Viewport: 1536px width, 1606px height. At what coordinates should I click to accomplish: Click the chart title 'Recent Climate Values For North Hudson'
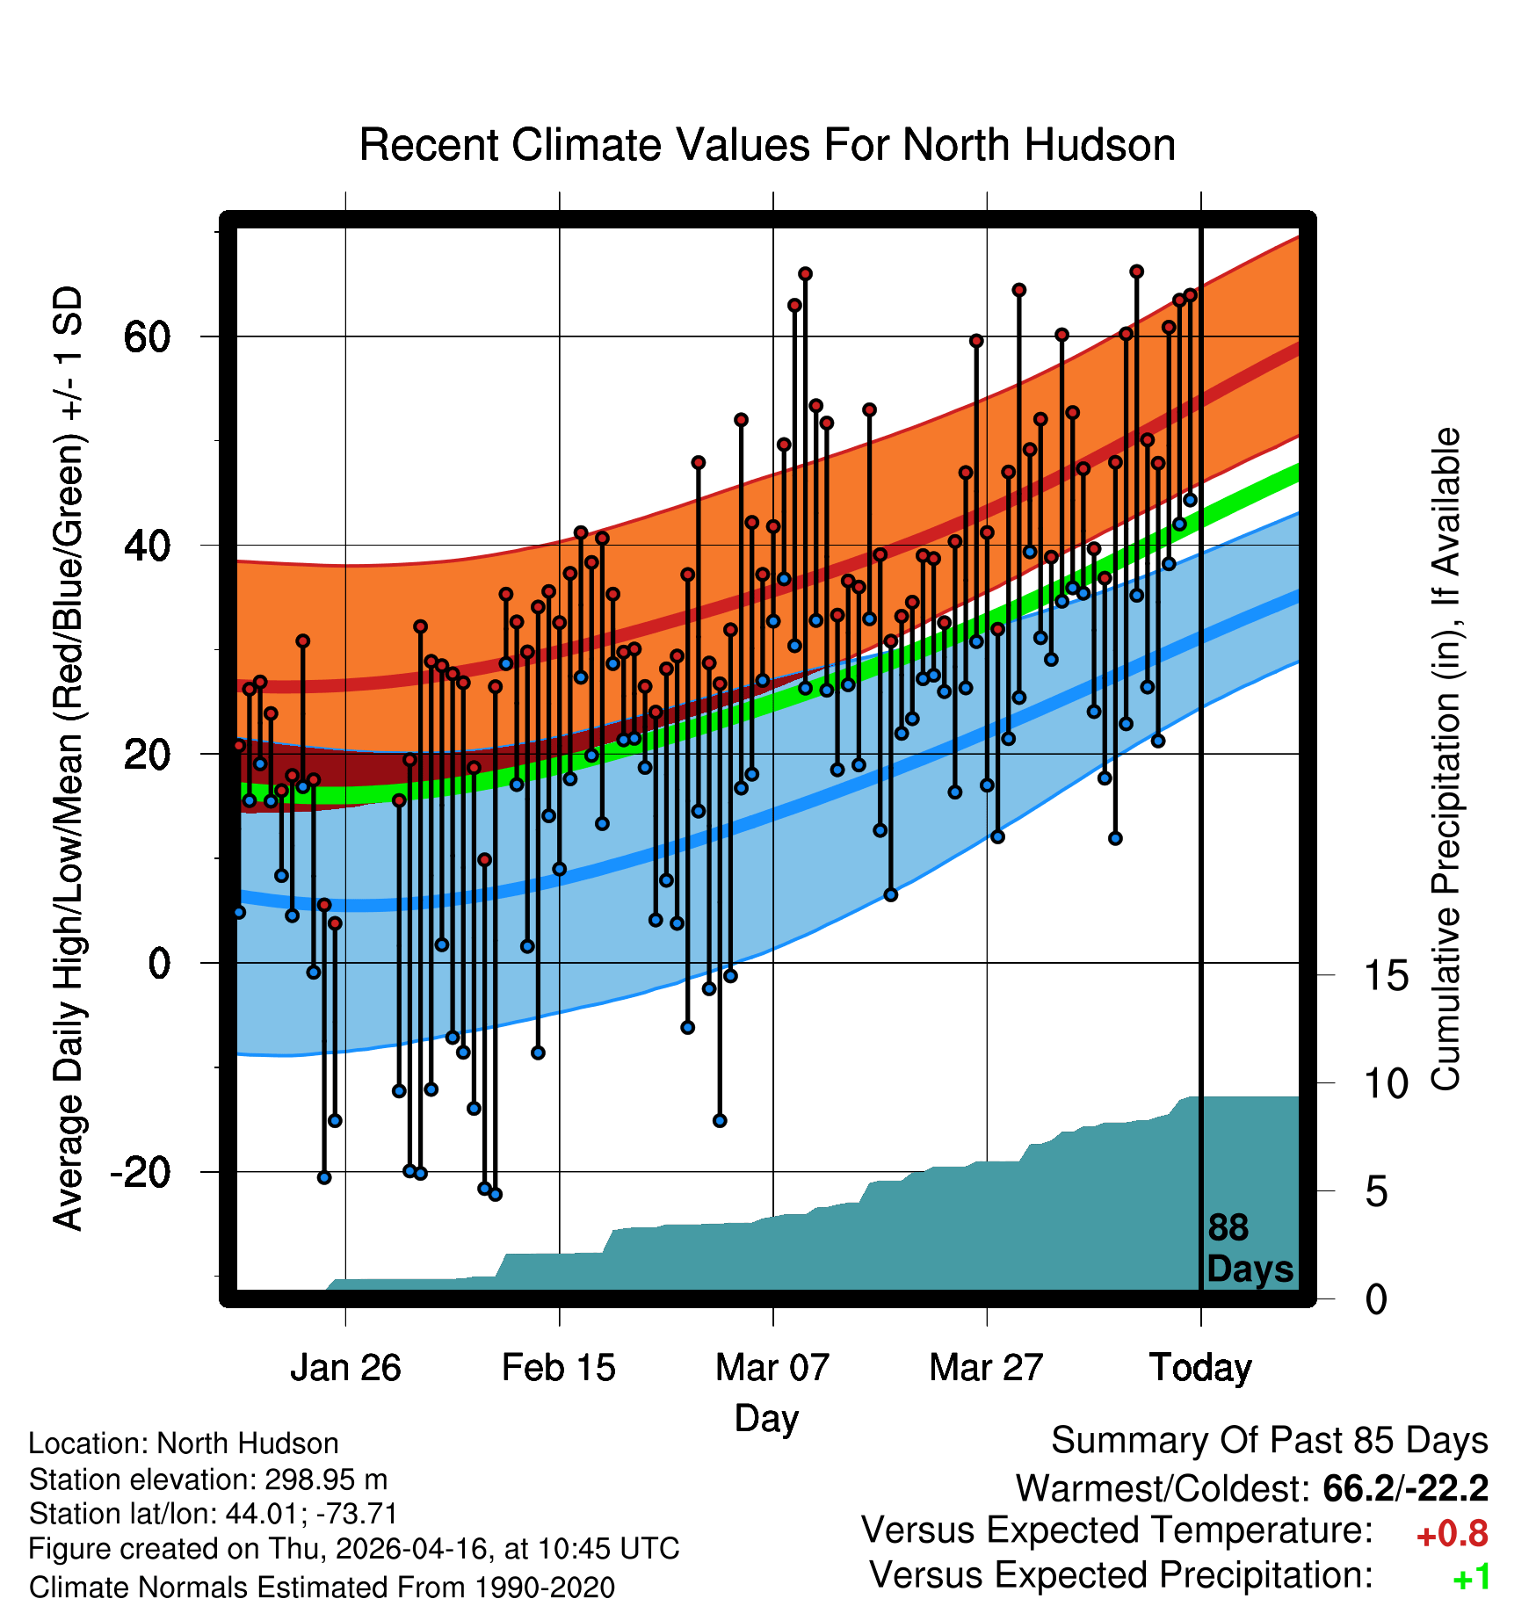point(767,145)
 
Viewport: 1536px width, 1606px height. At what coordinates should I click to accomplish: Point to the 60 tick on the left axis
point(147,336)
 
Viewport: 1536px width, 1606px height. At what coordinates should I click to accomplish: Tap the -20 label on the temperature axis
point(141,1172)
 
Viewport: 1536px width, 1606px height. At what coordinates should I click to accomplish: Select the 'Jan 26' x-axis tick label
point(345,1368)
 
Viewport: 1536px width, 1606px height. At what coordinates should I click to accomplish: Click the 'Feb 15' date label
point(559,1368)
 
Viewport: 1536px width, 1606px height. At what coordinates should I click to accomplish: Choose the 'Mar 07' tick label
point(772,1368)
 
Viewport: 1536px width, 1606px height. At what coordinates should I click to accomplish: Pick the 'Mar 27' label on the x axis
point(986,1368)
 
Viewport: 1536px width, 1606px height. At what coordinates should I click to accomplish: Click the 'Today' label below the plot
point(1200,1368)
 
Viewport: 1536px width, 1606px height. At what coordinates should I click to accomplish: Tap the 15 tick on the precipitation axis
point(1386,975)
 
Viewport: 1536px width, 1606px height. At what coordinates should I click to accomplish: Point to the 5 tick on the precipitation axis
point(1376,1192)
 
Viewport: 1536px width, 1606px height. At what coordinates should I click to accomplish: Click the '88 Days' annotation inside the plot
point(1250,1248)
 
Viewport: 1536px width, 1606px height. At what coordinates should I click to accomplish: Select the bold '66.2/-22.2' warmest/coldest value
point(1405,1488)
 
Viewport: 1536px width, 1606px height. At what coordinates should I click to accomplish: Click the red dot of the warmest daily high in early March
point(805,274)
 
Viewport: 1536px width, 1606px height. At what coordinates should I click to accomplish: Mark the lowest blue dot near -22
point(495,1195)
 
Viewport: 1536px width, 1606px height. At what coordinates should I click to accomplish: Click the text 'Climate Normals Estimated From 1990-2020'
point(322,1588)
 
